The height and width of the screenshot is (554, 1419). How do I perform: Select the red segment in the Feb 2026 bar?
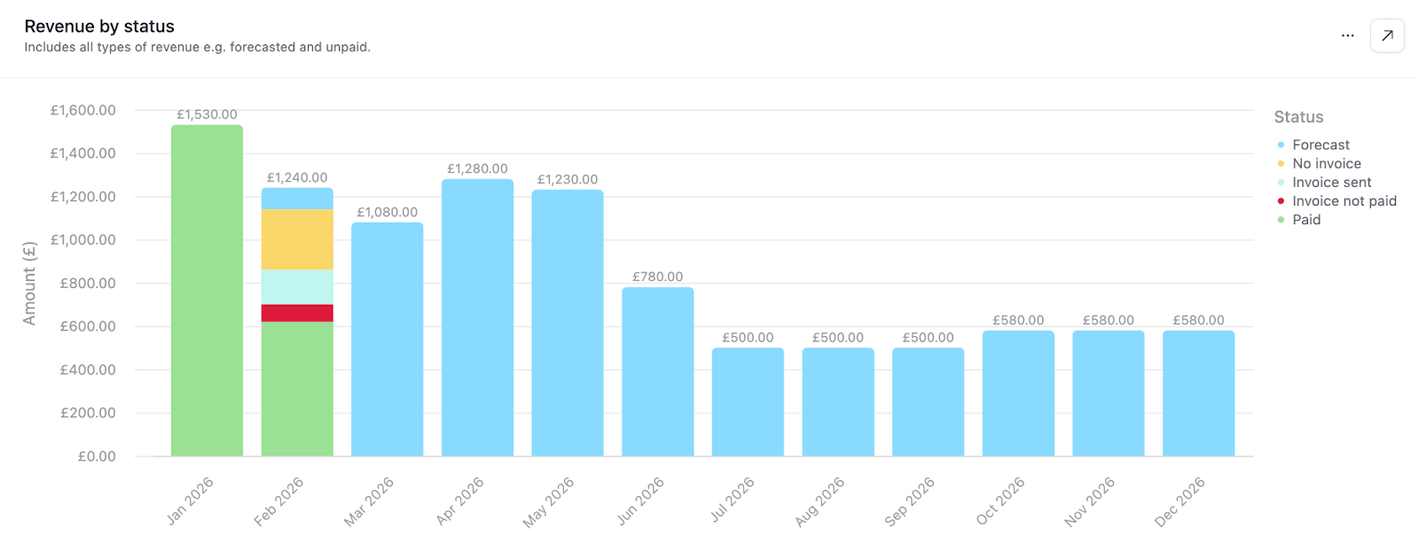pyautogui.click(x=297, y=313)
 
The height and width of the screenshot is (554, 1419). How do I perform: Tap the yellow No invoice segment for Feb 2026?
pyautogui.click(x=297, y=239)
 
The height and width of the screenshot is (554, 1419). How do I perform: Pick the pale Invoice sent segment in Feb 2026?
pyautogui.click(x=297, y=287)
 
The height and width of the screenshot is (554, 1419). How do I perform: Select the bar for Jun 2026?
pyautogui.click(x=657, y=371)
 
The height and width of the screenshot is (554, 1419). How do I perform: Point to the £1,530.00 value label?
pyautogui.click(x=207, y=114)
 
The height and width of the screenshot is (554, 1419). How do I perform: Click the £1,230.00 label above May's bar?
pyautogui.click(x=568, y=179)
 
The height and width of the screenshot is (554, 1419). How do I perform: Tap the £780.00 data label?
pyautogui.click(x=657, y=277)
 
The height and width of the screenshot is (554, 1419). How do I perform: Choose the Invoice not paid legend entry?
pyautogui.click(x=1344, y=201)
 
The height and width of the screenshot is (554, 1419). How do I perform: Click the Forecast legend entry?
pyautogui.click(x=1321, y=144)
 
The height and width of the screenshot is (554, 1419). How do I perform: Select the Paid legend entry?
pyautogui.click(x=1305, y=220)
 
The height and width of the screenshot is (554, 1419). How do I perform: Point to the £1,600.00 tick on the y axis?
pyautogui.click(x=82, y=110)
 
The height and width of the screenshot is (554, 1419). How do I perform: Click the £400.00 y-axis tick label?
pyautogui.click(x=87, y=370)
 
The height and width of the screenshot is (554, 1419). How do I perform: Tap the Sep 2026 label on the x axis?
pyautogui.click(x=910, y=502)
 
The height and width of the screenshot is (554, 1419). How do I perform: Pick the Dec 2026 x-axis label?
pyautogui.click(x=1180, y=502)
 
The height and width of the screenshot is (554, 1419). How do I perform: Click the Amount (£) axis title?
pyautogui.click(x=29, y=283)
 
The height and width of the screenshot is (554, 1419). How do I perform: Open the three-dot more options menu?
pyautogui.click(x=1347, y=35)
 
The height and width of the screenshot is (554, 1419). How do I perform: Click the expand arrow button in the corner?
pyautogui.click(x=1387, y=35)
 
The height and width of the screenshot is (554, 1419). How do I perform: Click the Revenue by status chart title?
pyautogui.click(x=99, y=27)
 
